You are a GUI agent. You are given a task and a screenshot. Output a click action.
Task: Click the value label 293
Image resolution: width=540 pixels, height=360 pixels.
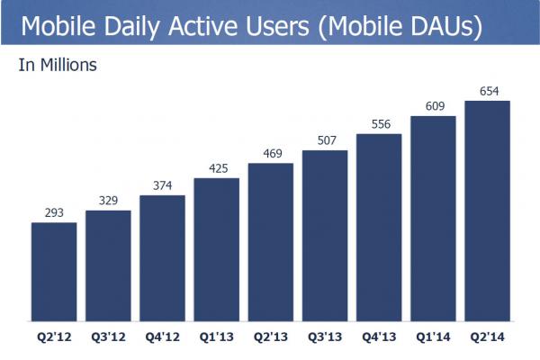point(54,213)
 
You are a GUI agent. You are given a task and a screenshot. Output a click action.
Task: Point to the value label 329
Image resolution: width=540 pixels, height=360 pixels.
point(108,202)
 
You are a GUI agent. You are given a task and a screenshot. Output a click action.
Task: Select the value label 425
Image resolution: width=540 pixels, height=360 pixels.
point(217,169)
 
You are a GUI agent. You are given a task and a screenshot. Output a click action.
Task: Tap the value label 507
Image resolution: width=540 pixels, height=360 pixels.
point(325,141)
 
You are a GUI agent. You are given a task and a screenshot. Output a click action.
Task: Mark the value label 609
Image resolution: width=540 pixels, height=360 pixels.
point(433,107)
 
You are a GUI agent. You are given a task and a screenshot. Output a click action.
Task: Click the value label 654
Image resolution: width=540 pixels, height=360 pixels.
point(487,91)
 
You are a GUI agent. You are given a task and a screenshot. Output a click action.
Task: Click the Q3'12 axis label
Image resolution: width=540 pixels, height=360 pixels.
point(108,339)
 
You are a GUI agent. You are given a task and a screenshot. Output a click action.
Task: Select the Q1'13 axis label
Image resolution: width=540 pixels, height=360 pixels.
point(217,339)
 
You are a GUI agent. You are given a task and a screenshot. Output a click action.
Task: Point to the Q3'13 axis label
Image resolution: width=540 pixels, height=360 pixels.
point(325,339)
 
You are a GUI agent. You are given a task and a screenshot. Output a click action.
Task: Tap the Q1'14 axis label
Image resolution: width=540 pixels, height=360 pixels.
point(433,339)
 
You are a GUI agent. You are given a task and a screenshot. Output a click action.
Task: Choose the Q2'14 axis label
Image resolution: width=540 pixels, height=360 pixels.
point(487,339)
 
